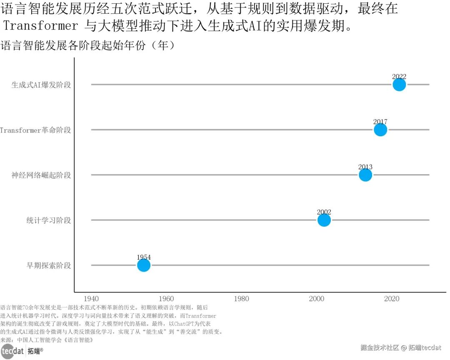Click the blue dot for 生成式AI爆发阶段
(x=399, y=85)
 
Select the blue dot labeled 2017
(x=380, y=130)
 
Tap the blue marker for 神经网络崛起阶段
(x=365, y=175)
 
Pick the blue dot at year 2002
(x=324, y=220)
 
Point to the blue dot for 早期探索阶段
(x=143, y=265)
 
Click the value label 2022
(x=399, y=77)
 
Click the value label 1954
(x=143, y=257)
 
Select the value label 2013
(x=365, y=167)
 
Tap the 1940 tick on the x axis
(x=91, y=299)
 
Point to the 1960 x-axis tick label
(x=166, y=299)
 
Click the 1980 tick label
(x=242, y=299)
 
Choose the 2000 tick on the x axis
(x=317, y=299)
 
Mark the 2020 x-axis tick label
(x=392, y=299)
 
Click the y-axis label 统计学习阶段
(x=48, y=220)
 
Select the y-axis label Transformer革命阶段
(x=36, y=130)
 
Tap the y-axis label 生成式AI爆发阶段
(x=41, y=85)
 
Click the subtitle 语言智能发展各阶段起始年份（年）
(x=87, y=45)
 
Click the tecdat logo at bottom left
(x=12, y=351)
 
